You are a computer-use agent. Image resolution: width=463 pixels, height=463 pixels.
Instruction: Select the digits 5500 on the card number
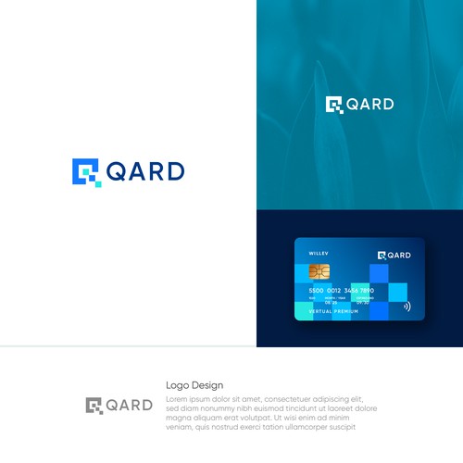click(x=317, y=290)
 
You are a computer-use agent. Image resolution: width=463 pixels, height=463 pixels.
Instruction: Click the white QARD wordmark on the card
click(x=398, y=255)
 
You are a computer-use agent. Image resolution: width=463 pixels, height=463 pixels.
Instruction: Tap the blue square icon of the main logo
click(x=85, y=171)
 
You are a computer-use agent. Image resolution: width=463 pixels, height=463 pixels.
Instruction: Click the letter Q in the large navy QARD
click(x=117, y=171)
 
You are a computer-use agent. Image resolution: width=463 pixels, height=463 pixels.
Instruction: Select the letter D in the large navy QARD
click(x=174, y=171)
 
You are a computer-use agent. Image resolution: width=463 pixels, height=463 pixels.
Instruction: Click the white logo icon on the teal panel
click(x=333, y=105)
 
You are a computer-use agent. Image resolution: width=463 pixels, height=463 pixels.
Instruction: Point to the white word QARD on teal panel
click(x=369, y=105)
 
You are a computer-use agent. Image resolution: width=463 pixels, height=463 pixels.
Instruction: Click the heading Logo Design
click(x=194, y=385)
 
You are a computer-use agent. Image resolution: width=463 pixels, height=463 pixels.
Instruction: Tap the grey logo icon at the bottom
click(x=94, y=405)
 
